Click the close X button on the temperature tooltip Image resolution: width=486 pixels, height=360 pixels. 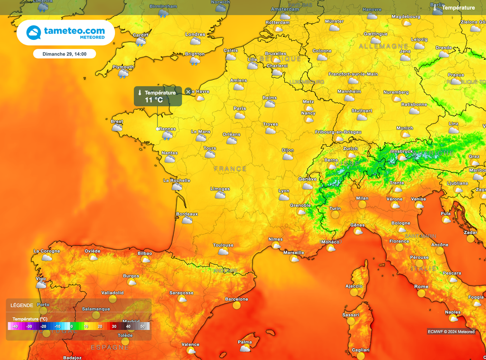click(188, 91)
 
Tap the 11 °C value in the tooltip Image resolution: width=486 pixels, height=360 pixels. click(154, 100)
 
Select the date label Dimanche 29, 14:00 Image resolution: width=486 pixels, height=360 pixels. click(65, 54)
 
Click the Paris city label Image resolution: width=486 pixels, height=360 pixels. click(240, 108)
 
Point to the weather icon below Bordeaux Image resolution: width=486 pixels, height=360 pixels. click(187, 221)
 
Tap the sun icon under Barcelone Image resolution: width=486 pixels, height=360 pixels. click(236, 306)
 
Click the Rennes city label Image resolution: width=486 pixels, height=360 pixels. click(168, 129)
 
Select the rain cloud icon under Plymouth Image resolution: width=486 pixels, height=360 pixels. click(123, 74)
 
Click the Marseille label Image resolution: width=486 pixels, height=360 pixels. click(294, 253)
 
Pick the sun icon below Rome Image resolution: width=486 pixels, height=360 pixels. click(421, 294)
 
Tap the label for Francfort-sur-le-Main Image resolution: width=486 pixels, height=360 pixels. click(353, 74)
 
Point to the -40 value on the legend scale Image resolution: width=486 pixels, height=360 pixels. click(15, 326)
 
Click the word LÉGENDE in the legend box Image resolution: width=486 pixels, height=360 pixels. click(22, 305)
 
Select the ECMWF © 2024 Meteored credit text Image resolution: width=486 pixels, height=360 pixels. click(451, 332)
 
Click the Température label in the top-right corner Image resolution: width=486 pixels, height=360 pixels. click(458, 8)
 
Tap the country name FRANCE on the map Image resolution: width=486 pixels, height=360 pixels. click(230, 169)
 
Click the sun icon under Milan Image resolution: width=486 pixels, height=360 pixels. click(362, 205)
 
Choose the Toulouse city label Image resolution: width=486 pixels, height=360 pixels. click(223, 245)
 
